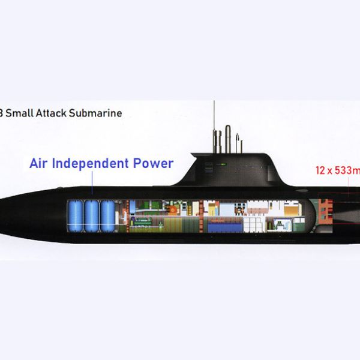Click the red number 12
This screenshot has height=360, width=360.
[321, 170]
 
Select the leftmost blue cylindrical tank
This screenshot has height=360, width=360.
[76, 216]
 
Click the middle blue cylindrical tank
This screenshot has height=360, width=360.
[92, 216]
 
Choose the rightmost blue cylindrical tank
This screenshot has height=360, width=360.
[107, 216]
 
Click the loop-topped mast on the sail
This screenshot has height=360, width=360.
[227, 137]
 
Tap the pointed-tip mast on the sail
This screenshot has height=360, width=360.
[238, 142]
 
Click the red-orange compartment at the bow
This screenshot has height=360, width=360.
[325, 213]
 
